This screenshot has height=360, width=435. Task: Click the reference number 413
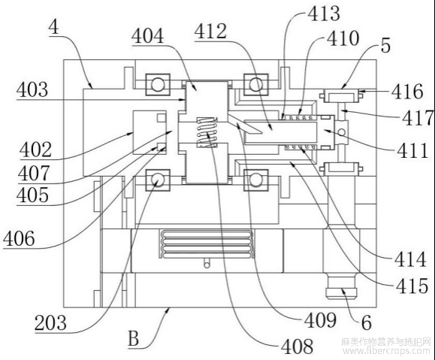(324, 13)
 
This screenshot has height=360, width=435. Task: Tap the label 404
(148, 36)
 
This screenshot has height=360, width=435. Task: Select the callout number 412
(210, 31)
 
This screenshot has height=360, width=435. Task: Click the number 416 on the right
(407, 91)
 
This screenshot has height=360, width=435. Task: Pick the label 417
(418, 117)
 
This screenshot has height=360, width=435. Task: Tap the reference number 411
(412, 151)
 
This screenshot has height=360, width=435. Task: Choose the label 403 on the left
(32, 89)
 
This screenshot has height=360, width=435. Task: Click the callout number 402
(35, 150)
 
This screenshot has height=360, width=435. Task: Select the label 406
(19, 238)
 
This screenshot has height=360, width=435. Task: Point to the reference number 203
(50, 322)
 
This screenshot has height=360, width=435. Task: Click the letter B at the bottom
(134, 339)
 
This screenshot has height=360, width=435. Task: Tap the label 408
(297, 346)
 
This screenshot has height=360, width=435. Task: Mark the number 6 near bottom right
(366, 322)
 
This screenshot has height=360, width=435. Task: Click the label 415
(412, 286)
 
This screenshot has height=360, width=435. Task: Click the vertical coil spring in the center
(207, 132)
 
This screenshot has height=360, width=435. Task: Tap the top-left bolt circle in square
(157, 84)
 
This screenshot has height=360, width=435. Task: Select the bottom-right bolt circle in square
(255, 180)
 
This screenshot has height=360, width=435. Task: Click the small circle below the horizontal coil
(207, 265)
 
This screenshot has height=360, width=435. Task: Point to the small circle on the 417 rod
(342, 132)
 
